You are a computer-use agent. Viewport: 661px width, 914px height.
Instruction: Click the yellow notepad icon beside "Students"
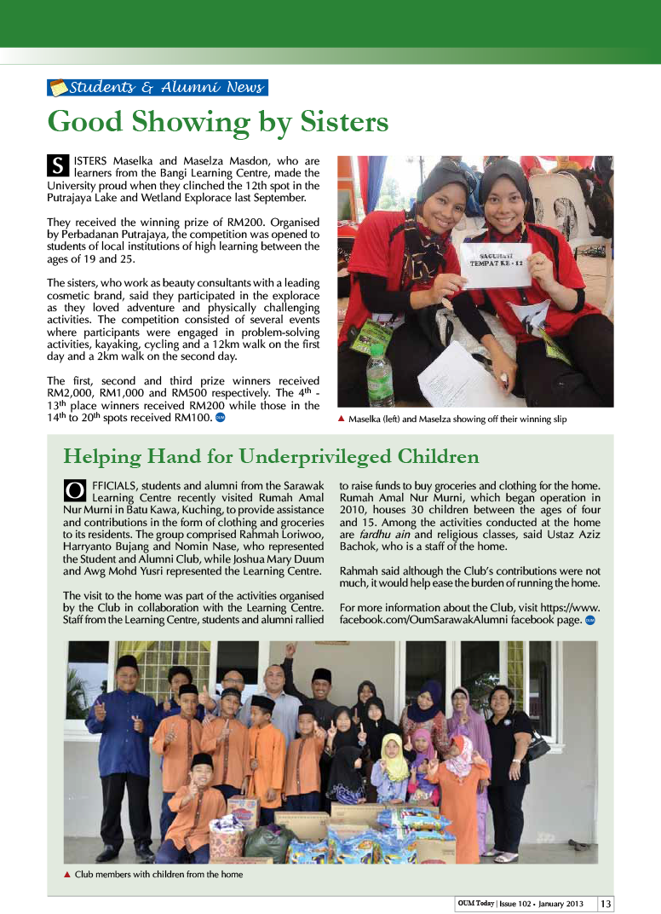(x=59, y=87)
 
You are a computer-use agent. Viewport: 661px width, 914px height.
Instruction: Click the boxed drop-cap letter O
(x=74, y=490)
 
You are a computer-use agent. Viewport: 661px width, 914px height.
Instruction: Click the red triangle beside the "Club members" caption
(x=66, y=874)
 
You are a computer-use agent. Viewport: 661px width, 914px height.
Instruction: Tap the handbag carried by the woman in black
(x=537, y=745)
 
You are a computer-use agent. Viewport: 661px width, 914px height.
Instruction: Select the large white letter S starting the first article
(x=58, y=166)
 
